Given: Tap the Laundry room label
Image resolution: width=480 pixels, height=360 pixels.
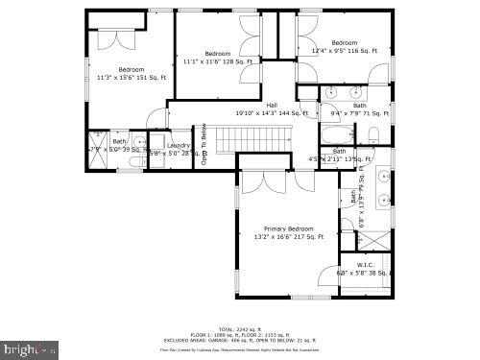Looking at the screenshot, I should [179, 145].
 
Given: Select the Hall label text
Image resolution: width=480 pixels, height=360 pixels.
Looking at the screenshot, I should [272, 105].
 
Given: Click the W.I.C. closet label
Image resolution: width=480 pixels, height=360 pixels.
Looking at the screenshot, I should [365, 265].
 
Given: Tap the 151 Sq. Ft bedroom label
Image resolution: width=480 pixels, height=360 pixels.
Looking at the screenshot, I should [131, 78].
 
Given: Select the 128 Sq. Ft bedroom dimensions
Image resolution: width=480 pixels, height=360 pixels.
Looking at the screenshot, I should [217, 61].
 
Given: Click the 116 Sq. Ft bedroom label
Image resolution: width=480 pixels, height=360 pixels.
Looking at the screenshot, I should [345, 51].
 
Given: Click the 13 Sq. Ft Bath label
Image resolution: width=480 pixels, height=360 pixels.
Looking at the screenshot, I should [339, 158].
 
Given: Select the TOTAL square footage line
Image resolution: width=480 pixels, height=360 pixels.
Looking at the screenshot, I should [239, 327].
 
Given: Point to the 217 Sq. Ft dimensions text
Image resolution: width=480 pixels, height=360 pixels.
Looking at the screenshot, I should [289, 236].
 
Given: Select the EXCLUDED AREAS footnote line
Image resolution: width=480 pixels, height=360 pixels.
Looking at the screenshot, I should [239, 339].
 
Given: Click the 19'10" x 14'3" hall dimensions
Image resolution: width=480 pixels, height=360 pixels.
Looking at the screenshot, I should [272, 113].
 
